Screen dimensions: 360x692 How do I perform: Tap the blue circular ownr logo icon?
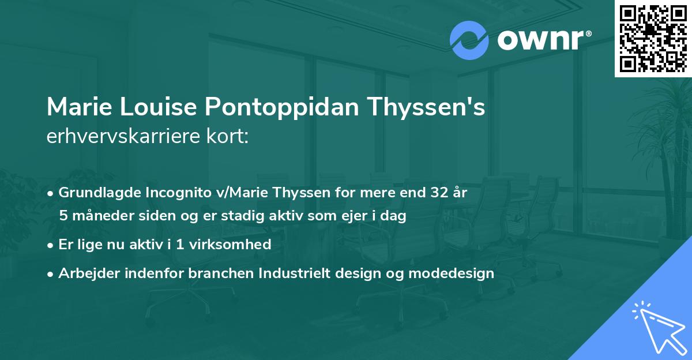pyautogui.click(x=469, y=40)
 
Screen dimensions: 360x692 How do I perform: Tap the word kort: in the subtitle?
pyautogui.click(x=229, y=137)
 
